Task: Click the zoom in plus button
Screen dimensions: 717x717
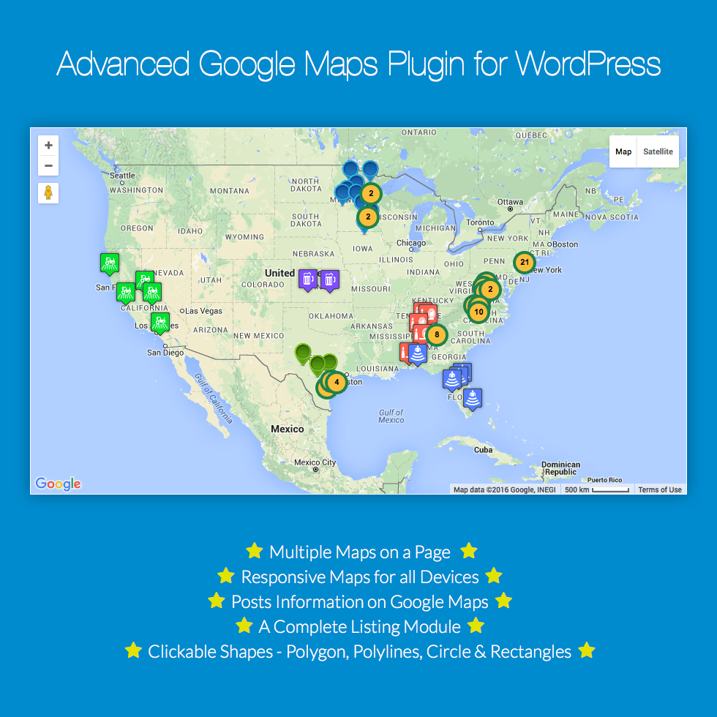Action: click(48, 145)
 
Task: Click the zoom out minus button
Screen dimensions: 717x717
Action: click(48, 165)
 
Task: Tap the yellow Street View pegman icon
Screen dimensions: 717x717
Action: click(48, 193)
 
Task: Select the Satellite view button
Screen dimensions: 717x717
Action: click(658, 151)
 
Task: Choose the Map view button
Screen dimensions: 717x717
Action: click(623, 151)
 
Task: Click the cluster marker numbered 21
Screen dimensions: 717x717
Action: click(524, 262)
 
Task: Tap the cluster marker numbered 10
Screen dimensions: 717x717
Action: click(478, 312)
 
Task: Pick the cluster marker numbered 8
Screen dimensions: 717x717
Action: click(437, 335)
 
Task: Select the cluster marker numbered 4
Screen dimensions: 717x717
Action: click(336, 382)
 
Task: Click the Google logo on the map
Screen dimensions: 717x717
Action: click(58, 484)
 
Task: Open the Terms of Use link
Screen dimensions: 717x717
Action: click(659, 489)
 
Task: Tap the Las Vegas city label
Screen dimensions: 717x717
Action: click(203, 311)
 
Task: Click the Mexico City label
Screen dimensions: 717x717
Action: click(315, 462)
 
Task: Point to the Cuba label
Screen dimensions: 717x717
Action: click(483, 450)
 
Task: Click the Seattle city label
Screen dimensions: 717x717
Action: click(122, 176)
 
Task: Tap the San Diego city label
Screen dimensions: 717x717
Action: click(165, 353)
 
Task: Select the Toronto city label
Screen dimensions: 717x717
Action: click(481, 222)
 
